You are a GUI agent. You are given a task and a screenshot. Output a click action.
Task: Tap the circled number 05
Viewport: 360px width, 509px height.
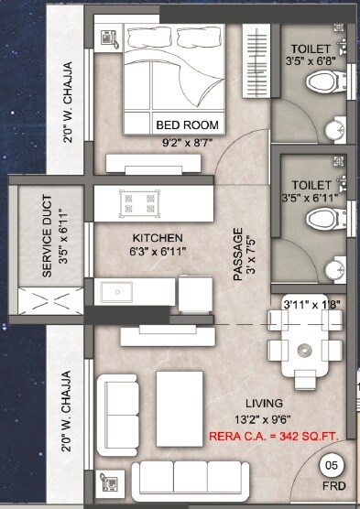point(332,466)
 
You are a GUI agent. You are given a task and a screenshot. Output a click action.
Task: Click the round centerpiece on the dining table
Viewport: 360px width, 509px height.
point(300,349)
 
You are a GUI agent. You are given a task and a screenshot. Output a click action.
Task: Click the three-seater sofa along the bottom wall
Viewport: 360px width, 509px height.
point(192,480)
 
